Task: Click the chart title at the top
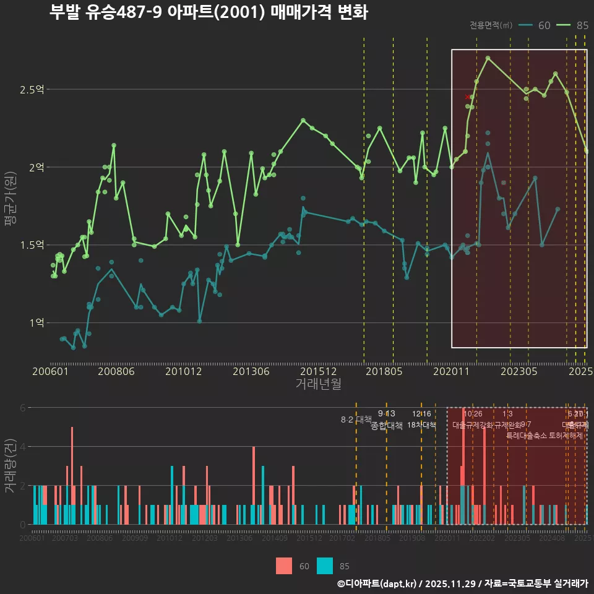209,12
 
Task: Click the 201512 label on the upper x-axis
318,372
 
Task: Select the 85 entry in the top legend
574,25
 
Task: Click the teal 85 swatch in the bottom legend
325,566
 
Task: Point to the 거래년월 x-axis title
318,384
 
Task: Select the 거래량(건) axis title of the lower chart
11,466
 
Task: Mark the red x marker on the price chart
467,97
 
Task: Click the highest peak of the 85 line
488,58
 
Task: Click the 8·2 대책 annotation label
356,419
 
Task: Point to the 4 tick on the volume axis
24,446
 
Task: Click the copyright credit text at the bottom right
462,583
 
